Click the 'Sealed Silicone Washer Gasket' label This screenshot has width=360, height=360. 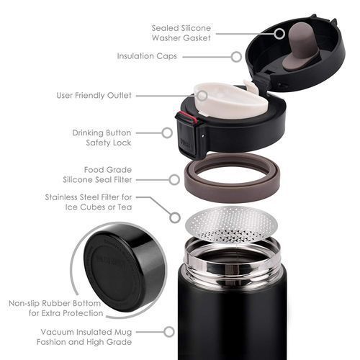click(180, 33)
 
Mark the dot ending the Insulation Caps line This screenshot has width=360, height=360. click(235, 55)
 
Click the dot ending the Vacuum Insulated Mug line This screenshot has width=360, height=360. click(169, 331)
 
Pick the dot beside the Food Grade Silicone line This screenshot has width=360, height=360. click(174, 178)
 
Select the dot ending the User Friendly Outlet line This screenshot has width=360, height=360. click(202, 95)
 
